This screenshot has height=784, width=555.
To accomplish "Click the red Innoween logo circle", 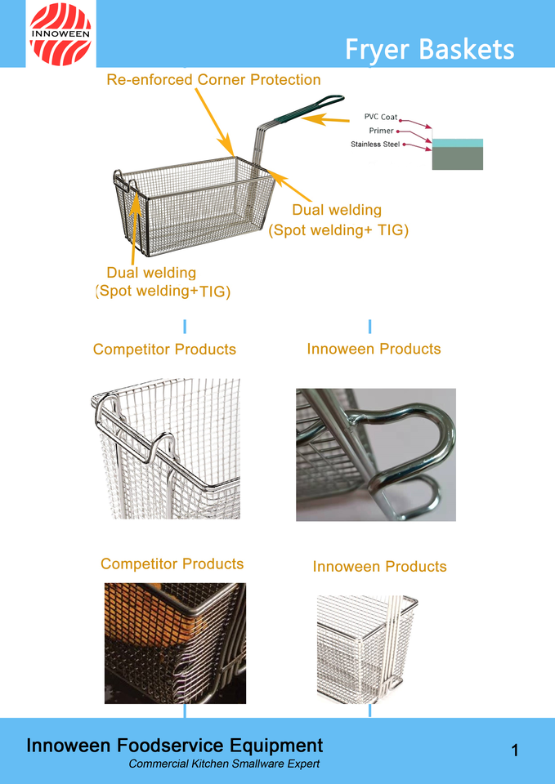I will pyautogui.click(x=60, y=33).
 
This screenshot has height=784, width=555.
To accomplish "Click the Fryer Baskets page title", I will pyautogui.click(x=429, y=49).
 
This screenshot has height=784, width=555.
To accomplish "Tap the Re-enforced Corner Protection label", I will pyautogui.click(x=213, y=79).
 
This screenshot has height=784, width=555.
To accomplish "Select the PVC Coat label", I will pyautogui.click(x=380, y=117).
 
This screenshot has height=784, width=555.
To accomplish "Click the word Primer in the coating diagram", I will pyautogui.click(x=381, y=131).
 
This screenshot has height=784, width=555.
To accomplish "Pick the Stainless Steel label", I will pyautogui.click(x=375, y=145).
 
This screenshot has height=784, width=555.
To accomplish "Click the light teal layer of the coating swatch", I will pyautogui.click(x=457, y=142).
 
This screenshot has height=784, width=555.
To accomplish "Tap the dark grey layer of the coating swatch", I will pyautogui.click(x=457, y=158).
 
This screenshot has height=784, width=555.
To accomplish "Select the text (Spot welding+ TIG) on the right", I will pyautogui.click(x=338, y=230).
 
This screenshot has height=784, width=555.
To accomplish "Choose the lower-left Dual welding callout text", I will pyautogui.click(x=152, y=273).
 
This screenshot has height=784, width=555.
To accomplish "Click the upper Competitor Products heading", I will pyautogui.click(x=164, y=350).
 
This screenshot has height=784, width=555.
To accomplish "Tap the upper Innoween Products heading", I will pyautogui.click(x=374, y=349).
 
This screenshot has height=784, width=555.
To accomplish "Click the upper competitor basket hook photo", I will pyautogui.click(x=166, y=448).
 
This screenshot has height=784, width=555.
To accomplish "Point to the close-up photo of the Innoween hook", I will pyautogui.click(x=375, y=454).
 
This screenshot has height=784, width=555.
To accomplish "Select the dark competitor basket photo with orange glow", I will pyautogui.click(x=175, y=643).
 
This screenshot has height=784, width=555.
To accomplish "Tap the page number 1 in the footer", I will pyautogui.click(x=515, y=750).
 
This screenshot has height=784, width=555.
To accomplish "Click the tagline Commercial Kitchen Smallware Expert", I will pyautogui.click(x=224, y=764).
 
